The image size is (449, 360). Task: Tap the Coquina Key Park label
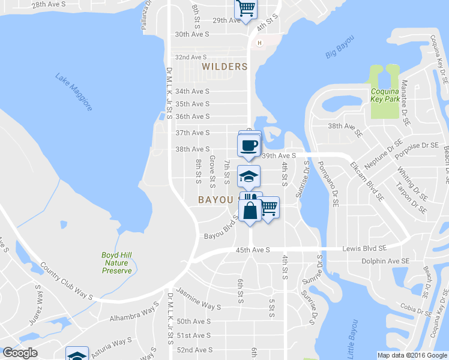[385, 95]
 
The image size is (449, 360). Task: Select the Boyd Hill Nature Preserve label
[116, 263]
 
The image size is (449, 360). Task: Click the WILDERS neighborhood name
[224, 67]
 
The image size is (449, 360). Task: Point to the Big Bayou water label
[340, 47]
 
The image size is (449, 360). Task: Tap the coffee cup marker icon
[249, 145]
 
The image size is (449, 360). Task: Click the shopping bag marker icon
[250, 210]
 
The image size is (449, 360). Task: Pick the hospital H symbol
[259, 43]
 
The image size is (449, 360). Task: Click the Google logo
[20, 352]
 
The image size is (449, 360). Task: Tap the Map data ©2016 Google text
[412, 355]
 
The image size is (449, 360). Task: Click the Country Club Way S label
[65, 280]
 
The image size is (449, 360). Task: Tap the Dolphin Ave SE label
[385, 261]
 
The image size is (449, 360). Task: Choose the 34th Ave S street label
[191, 92]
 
